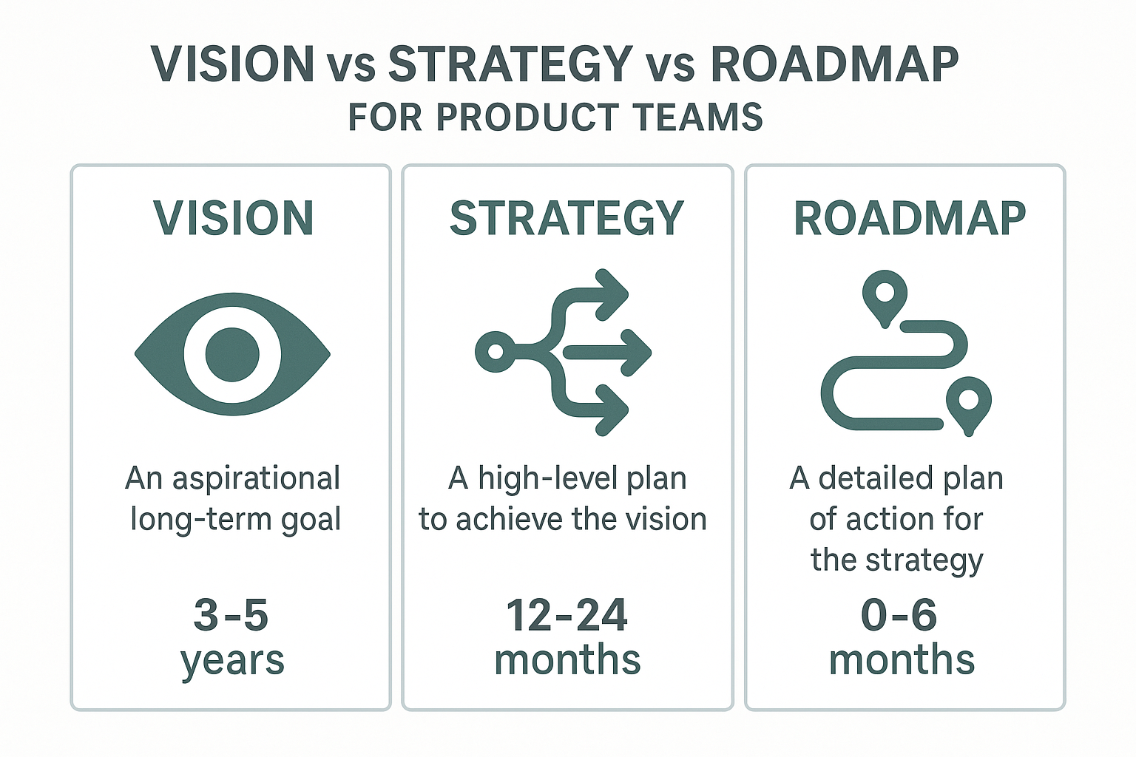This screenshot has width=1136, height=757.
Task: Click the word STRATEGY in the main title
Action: point(510,64)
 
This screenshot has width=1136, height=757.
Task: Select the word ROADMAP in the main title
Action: point(834,64)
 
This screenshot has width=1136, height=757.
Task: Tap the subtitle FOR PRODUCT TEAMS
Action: point(555,118)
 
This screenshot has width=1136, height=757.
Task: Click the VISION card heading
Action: point(234,218)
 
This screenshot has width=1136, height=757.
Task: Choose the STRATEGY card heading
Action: point(567,218)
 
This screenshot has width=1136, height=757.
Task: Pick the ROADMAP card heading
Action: point(910,218)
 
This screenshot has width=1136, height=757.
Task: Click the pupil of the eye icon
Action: point(232,354)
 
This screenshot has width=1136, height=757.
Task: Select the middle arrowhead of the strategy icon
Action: point(636,353)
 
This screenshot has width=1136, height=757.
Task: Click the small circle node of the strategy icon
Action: point(496,351)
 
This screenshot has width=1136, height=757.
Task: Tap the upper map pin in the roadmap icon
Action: point(885,294)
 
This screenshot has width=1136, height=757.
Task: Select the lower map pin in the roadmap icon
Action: point(968,402)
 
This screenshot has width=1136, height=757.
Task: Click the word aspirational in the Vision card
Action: point(256,479)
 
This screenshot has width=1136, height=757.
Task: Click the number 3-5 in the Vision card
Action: point(231,615)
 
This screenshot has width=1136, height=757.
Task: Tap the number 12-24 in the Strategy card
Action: point(567,615)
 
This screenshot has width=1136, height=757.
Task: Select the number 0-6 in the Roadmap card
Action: point(899,615)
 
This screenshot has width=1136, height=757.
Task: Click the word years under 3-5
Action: point(232,660)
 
